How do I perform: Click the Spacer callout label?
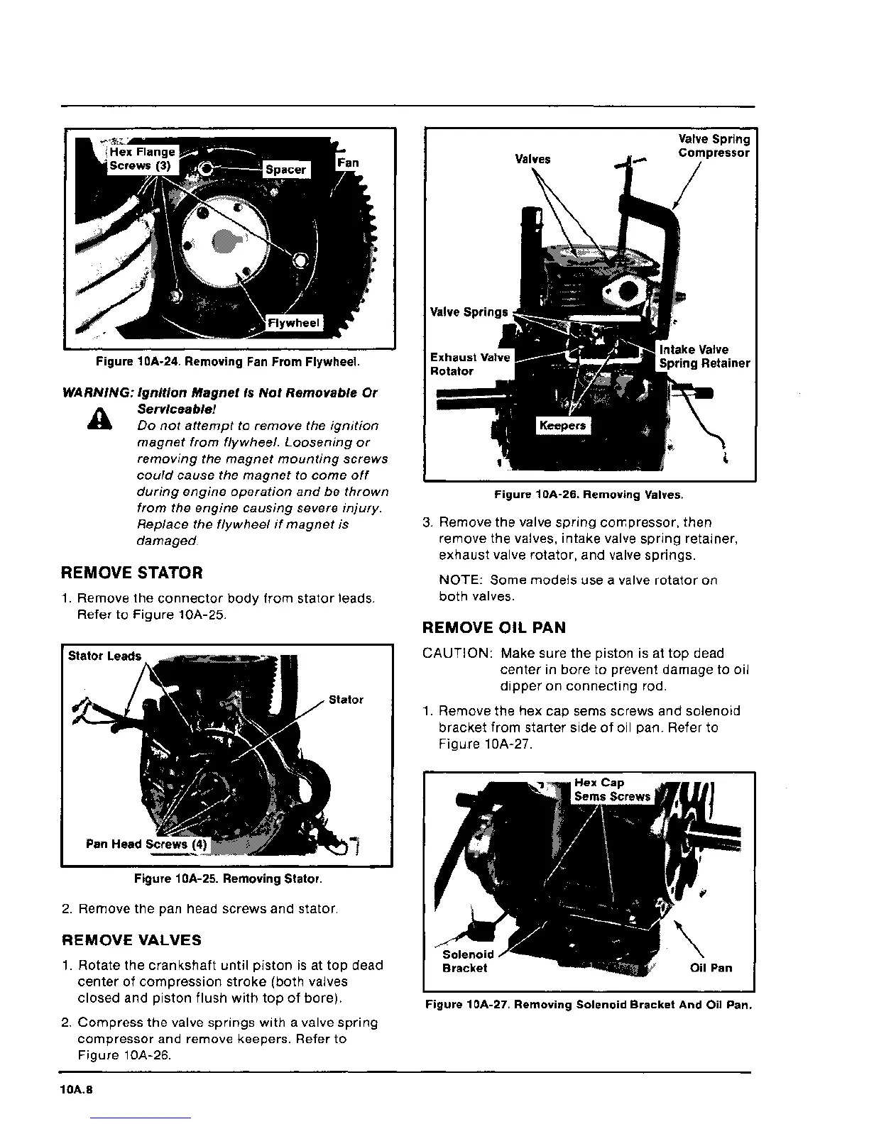click(285, 170)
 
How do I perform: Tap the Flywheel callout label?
click(293, 324)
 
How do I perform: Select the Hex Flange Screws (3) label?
click(141, 159)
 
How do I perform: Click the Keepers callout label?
click(562, 426)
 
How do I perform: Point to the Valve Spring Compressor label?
click(714, 146)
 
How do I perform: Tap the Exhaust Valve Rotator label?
click(469, 364)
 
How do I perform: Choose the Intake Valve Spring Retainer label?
click(704, 356)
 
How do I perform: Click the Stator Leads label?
click(104, 656)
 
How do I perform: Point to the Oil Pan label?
click(711, 968)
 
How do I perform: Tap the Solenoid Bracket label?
click(467, 962)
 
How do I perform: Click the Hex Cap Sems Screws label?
click(611, 790)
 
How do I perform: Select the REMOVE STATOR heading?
click(132, 573)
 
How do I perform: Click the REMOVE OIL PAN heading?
click(493, 628)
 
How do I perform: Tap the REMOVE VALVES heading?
click(131, 940)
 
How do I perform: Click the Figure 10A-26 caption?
click(589, 495)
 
